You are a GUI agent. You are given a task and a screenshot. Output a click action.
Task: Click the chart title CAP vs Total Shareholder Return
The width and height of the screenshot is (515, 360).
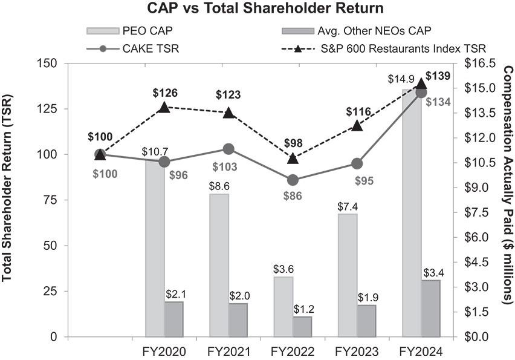point(257,9)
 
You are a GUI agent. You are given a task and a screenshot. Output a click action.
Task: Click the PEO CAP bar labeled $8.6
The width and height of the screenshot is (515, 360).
point(219,265)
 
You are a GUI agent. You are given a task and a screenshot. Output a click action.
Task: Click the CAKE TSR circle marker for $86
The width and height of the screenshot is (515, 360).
point(293,180)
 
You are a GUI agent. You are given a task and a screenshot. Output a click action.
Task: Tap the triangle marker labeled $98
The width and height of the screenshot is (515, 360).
point(293,159)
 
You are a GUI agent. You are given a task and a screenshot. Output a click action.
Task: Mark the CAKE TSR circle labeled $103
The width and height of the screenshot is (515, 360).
point(228,149)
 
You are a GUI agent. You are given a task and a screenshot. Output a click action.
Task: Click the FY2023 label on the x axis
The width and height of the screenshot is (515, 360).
point(357,352)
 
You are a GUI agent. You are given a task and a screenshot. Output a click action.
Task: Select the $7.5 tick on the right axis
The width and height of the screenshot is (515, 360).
point(478,212)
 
